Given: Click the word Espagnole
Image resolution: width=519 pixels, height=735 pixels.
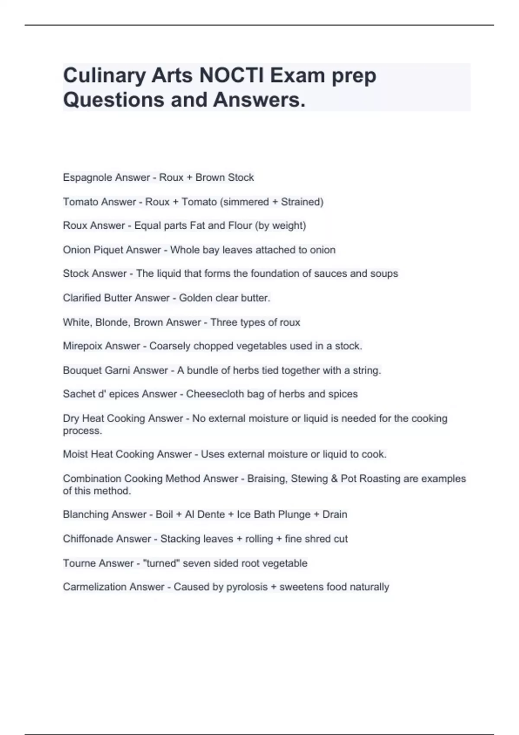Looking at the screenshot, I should (x=85, y=178).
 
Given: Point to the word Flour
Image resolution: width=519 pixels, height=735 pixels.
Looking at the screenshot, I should (x=240, y=226).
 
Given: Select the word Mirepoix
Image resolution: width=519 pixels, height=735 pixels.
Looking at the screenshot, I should (x=83, y=346).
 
